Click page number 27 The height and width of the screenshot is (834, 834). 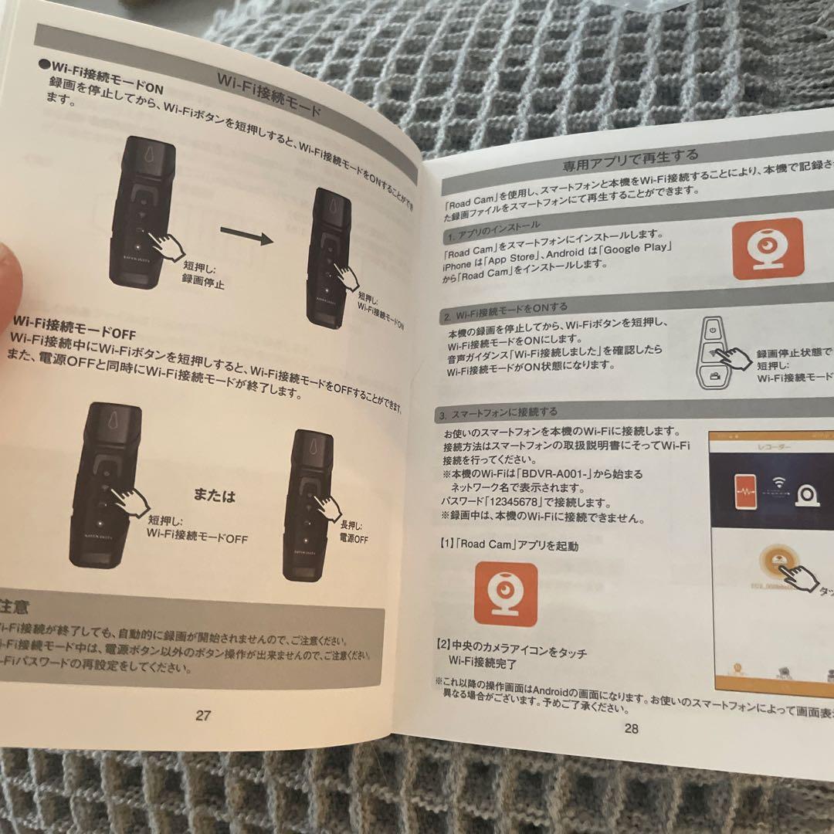(202, 715)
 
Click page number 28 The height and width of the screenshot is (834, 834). (631, 728)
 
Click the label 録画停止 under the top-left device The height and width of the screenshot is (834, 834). (203, 283)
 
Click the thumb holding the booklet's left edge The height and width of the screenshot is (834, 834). (8, 270)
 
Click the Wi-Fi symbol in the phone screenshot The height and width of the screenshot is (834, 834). (779, 482)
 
